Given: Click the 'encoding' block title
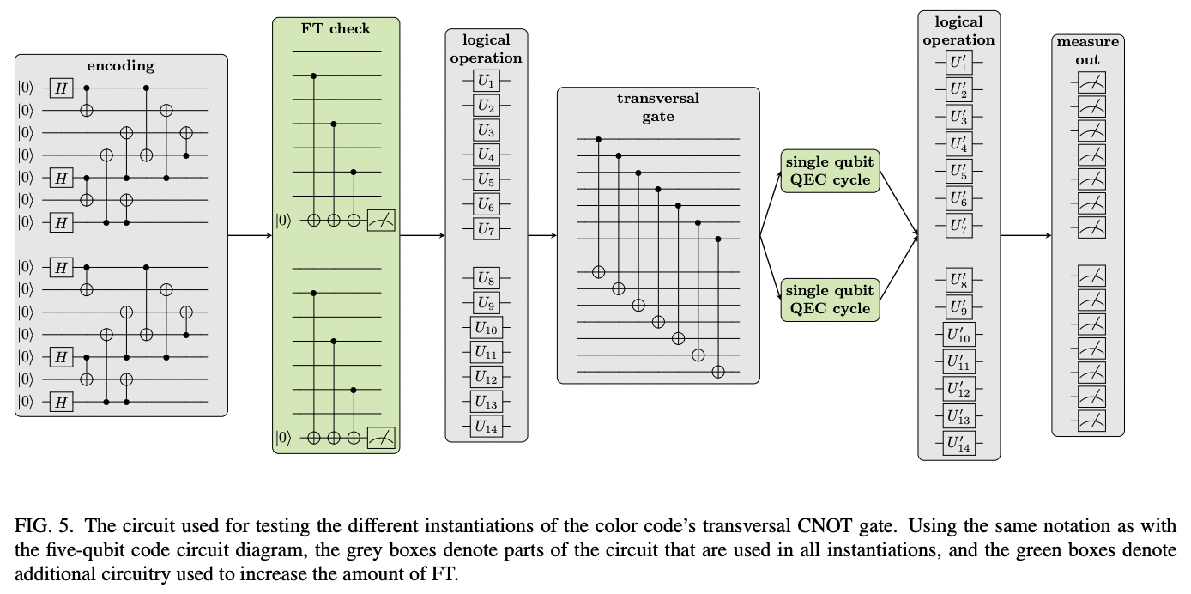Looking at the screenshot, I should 121,66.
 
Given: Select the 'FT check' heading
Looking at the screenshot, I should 336,28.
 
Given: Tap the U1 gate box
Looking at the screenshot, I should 487,82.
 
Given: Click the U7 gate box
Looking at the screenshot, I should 487,229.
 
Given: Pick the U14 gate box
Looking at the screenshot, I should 486,425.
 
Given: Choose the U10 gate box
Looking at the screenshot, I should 486,327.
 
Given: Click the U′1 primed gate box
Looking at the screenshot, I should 958,64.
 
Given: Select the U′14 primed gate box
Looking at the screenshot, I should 958,444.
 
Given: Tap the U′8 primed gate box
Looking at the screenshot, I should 958,281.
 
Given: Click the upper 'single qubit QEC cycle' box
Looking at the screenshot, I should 830,171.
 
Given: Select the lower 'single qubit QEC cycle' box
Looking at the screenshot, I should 830,300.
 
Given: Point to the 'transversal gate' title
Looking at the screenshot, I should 658,107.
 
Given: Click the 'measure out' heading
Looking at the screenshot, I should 1087,51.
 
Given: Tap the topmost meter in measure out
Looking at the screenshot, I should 1088,83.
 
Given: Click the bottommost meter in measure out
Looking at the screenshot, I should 1088,421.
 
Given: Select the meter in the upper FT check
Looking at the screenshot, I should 381,221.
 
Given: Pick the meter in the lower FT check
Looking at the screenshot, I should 381,439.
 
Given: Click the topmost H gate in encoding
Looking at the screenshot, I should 61,87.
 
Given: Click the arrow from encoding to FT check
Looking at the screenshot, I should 250,233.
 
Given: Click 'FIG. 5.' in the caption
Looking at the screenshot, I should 40,526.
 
